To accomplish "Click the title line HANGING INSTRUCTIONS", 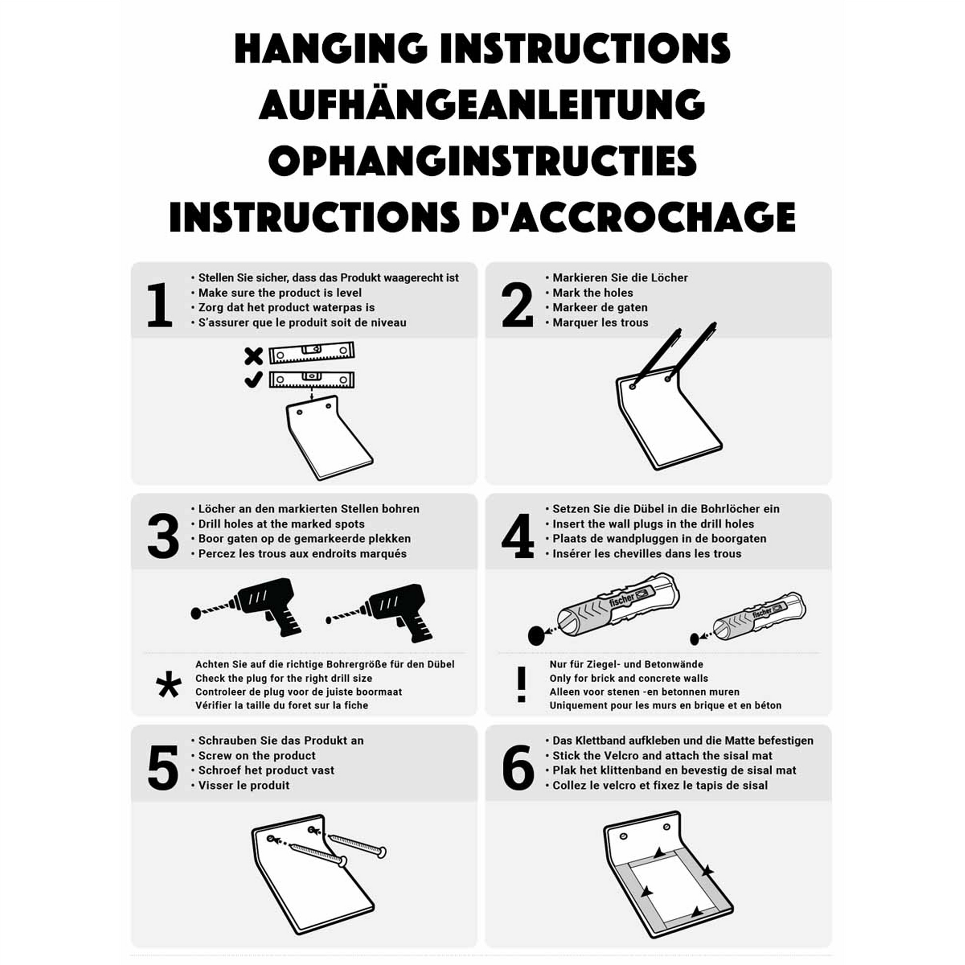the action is coord(482,49).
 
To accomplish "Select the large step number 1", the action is coord(160,305).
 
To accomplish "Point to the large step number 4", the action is coord(518,537).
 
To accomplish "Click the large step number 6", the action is coord(518,768).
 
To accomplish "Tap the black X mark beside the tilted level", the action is coord(254,356).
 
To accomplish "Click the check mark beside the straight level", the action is coord(253,380).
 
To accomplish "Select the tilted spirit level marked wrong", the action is coord(312,353).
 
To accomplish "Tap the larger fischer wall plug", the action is coord(618,605).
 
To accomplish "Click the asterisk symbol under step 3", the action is coord(169,684).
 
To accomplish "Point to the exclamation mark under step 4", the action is coord(522,685).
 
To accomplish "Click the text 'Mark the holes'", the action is coord(593,293).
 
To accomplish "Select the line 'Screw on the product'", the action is coord(257,756).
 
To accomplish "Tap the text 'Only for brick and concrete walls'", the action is coord(629,678).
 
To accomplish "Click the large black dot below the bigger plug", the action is coord(536,636).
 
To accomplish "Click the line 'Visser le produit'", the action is coord(244,785).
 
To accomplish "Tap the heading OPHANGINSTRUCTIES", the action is coord(482,160).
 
